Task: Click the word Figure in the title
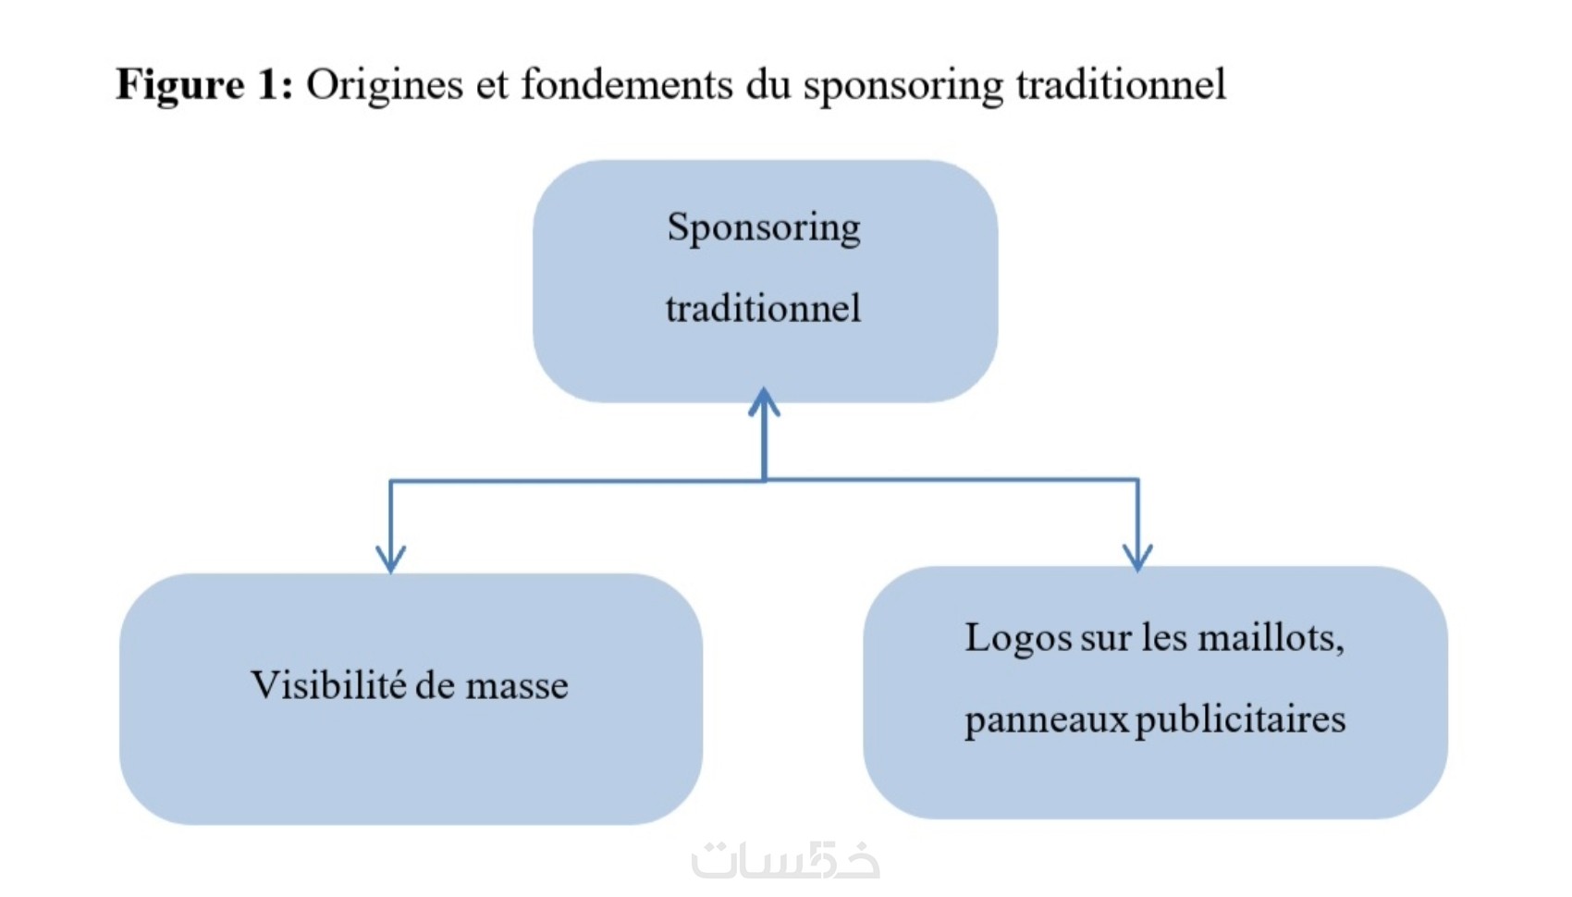(179, 85)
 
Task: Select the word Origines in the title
(384, 85)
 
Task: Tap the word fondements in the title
(627, 85)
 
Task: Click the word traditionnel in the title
(1121, 85)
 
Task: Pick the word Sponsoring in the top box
(764, 227)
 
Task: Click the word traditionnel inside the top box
(764, 308)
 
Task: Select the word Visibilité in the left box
(328, 685)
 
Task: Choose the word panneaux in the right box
(1046, 719)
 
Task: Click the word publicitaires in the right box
(1240, 719)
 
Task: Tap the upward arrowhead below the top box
(764, 402)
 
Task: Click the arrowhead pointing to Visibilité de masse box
(390, 559)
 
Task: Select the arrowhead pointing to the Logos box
(1137, 557)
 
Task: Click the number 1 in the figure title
(267, 85)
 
